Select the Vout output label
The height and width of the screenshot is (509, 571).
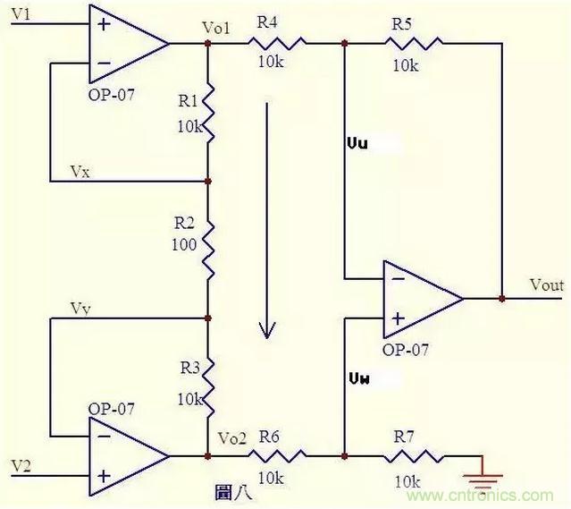tap(546, 286)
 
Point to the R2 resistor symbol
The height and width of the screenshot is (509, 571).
tap(207, 249)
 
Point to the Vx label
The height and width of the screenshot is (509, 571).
tap(79, 171)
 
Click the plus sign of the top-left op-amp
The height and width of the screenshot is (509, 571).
tap(104, 22)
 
